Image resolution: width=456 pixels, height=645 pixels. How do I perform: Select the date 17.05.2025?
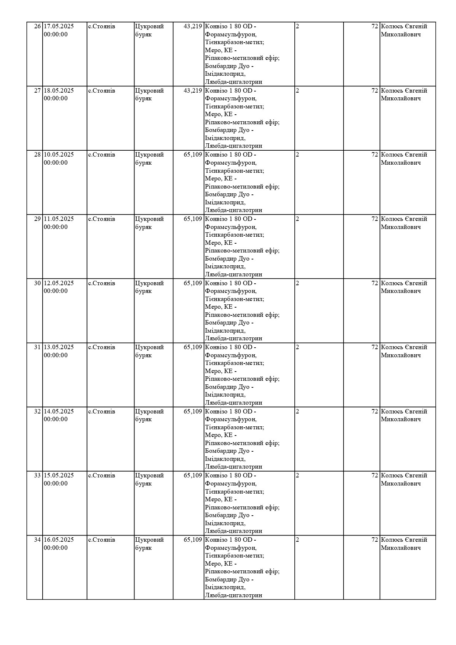[59, 26]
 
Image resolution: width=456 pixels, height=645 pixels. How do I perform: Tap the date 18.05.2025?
[59, 91]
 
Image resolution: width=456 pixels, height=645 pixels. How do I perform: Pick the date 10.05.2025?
[59, 155]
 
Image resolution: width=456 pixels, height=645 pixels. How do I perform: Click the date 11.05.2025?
[59, 219]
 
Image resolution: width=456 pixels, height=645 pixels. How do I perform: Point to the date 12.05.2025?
[59, 283]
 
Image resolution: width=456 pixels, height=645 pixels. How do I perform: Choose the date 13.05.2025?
[59, 347]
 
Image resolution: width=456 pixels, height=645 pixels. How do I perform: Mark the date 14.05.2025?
[59, 412]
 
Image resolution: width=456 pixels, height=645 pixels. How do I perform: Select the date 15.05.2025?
[59, 476]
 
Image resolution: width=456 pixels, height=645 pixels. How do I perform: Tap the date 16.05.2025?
[59, 540]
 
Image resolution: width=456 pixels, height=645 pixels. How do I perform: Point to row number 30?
[37, 283]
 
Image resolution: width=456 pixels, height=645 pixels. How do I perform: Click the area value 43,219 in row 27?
[193, 91]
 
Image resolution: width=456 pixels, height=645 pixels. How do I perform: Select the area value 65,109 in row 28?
[193, 155]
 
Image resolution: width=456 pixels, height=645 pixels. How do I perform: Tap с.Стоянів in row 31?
[101, 347]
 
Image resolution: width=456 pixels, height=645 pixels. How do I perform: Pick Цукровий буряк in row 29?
[149, 223]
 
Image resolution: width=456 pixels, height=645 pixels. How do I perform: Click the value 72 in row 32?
[374, 412]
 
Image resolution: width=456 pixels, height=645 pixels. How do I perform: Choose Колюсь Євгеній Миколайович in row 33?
[404, 479]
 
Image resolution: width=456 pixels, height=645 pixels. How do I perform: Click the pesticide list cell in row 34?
[242, 567]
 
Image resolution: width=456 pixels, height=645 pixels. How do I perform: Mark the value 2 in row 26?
[297, 26]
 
